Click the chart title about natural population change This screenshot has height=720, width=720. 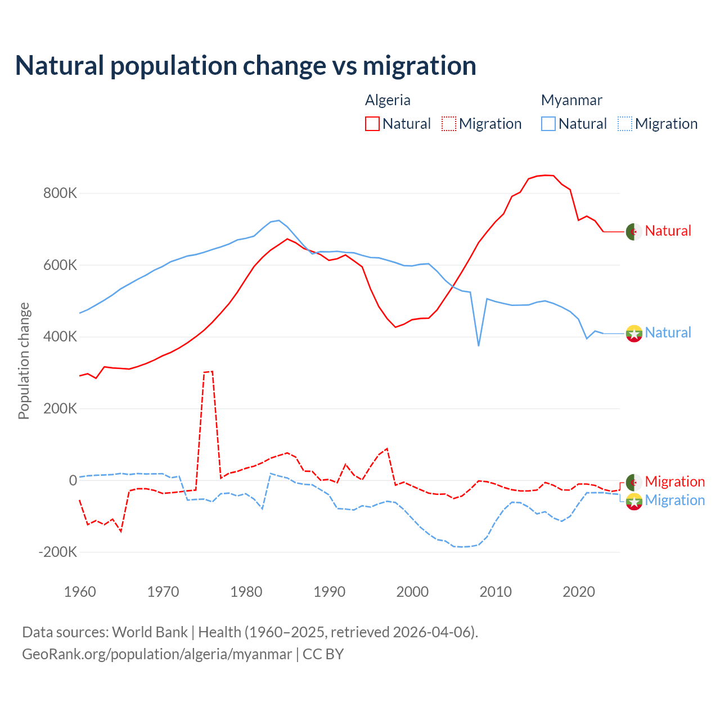(245, 66)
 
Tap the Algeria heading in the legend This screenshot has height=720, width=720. (388, 100)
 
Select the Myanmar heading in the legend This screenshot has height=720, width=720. (571, 100)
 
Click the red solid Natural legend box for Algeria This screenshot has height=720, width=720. (372, 124)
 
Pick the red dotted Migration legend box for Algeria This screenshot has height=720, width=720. (449, 124)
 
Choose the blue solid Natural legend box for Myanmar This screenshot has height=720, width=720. (548, 124)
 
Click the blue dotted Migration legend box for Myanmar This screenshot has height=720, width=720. (625, 124)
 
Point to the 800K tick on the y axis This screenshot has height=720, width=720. (60, 193)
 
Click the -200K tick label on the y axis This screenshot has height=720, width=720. (58, 552)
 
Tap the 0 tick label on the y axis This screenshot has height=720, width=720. (73, 480)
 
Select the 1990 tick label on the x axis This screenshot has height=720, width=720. (329, 592)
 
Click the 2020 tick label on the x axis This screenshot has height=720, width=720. (579, 592)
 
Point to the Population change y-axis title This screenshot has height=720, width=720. (24, 361)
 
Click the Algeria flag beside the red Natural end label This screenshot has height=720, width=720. (634, 231)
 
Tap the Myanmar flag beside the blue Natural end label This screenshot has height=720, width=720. (634, 334)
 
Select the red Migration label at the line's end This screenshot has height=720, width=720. (674, 481)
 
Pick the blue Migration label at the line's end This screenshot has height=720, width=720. (674, 500)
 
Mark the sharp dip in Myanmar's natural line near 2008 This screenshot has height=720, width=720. (479, 345)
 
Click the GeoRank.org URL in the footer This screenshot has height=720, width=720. (157, 654)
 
